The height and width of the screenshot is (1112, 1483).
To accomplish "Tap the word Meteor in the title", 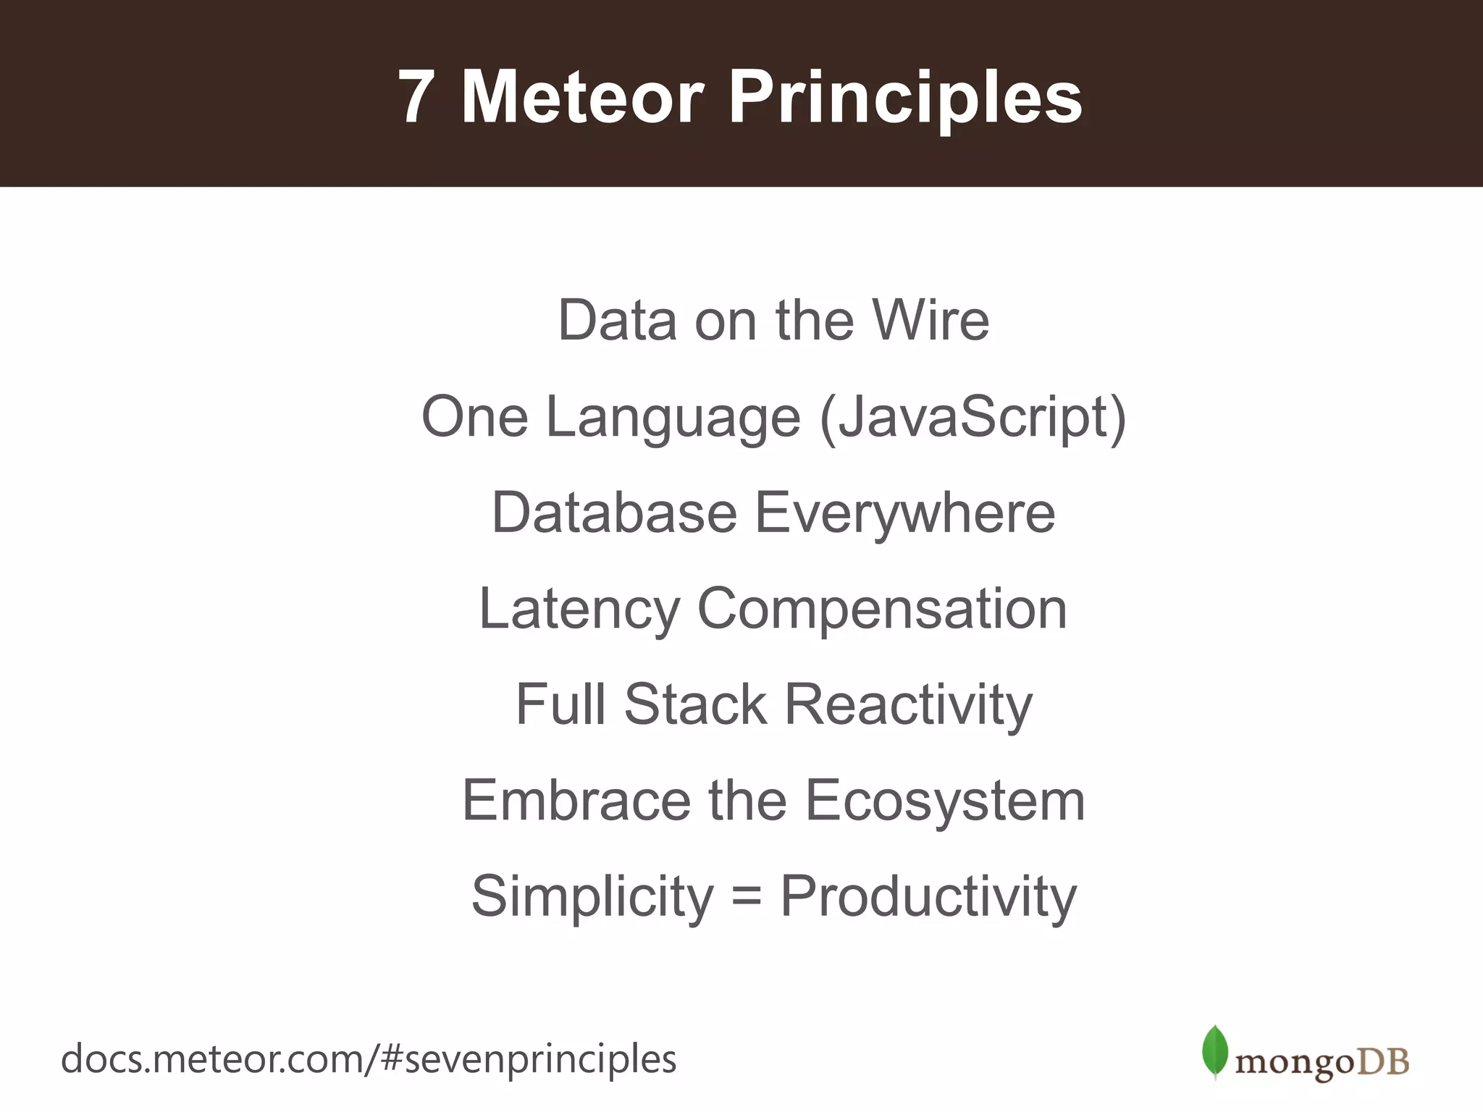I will click(582, 98).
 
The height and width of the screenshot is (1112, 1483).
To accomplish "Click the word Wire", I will click(930, 320).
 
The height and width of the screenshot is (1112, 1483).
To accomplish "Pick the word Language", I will click(673, 418).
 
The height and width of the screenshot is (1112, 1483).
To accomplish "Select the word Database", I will click(614, 513).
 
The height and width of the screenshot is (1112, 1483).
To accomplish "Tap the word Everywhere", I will click(905, 513).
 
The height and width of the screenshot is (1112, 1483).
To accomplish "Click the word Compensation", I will click(882, 609).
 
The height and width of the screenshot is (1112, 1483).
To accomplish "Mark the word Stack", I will click(695, 704).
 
